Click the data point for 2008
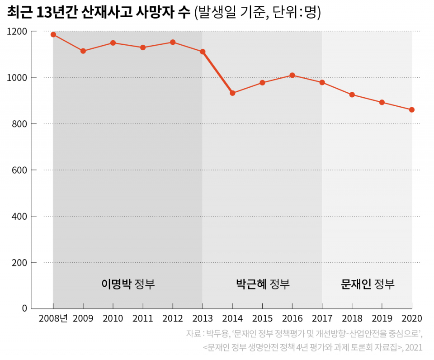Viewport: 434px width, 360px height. [x=53, y=34]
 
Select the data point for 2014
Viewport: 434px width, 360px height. [x=232, y=93]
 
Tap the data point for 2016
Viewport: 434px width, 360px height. [x=292, y=75]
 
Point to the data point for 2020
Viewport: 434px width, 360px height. [x=412, y=110]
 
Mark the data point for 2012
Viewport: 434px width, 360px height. [x=173, y=42]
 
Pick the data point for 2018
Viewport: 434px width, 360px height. [x=352, y=95]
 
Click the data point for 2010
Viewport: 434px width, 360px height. [x=113, y=43]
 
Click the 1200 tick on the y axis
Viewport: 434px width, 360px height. [x=17, y=32]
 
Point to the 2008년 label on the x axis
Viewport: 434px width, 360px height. [x=53, y=318]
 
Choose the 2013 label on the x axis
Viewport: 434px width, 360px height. [x=203, y=318]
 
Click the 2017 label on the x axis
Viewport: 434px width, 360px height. [x=322, y=318]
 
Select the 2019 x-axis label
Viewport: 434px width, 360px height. [x=382, y=318]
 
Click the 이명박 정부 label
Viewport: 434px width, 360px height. [x=128, y=284]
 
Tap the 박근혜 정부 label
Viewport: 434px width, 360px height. [x=263, y=284]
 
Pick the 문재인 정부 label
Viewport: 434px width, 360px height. [x=368, y=284]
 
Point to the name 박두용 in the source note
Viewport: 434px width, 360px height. [x=217, y=334]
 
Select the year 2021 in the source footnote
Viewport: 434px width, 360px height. [x=414, y=348]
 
